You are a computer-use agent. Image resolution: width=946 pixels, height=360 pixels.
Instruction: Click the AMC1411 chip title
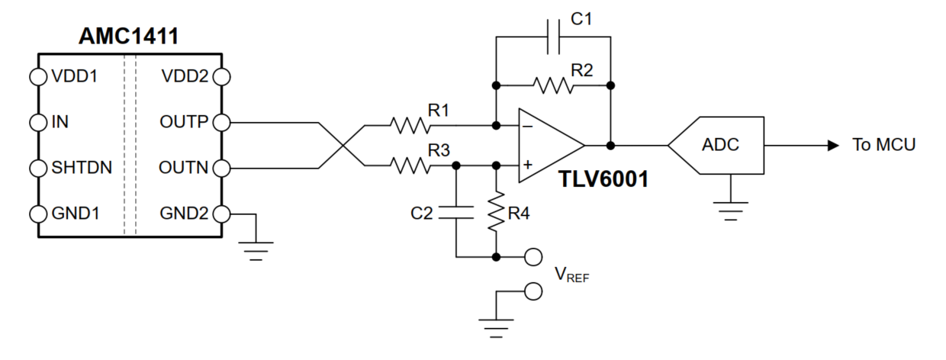pos(128,36)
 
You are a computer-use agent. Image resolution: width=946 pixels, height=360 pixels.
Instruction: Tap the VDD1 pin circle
pos(38,77)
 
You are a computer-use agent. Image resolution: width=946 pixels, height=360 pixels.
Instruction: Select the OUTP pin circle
pos(222,123)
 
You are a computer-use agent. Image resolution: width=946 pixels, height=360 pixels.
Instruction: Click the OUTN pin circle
pos(222,169)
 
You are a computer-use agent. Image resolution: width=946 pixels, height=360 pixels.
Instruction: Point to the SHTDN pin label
pos(82,168)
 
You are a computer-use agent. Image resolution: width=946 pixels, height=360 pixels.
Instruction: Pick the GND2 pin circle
pos(222,214)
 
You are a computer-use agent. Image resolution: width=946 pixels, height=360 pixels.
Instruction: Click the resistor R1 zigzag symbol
pos(410,125)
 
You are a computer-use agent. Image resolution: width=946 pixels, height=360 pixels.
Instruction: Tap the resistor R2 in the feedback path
pos(553,85)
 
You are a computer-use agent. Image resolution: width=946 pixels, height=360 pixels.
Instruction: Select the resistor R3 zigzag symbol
pos(410,166)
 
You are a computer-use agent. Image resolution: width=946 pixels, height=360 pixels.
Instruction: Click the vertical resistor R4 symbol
pos(496,211)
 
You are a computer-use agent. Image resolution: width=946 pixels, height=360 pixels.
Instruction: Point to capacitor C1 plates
pos(553,37)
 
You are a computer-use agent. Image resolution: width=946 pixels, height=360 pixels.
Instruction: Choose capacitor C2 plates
pos(456,213)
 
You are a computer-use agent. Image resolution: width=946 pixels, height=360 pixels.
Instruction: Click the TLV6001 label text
pos(603,179)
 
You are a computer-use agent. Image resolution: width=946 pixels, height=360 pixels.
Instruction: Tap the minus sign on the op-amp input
pos(527,126)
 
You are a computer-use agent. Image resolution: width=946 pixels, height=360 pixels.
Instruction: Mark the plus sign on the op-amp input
pos(527,164)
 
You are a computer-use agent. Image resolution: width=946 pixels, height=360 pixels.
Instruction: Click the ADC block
pos(716,145)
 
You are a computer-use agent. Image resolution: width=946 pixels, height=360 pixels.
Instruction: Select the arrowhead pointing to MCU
pos(833,146)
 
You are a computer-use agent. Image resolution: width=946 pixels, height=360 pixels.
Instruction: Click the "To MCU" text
pos(883,145)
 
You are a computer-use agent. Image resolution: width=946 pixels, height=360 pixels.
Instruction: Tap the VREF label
pos(572,275)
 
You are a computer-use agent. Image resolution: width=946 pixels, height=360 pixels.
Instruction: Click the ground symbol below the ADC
pos(731,211)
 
